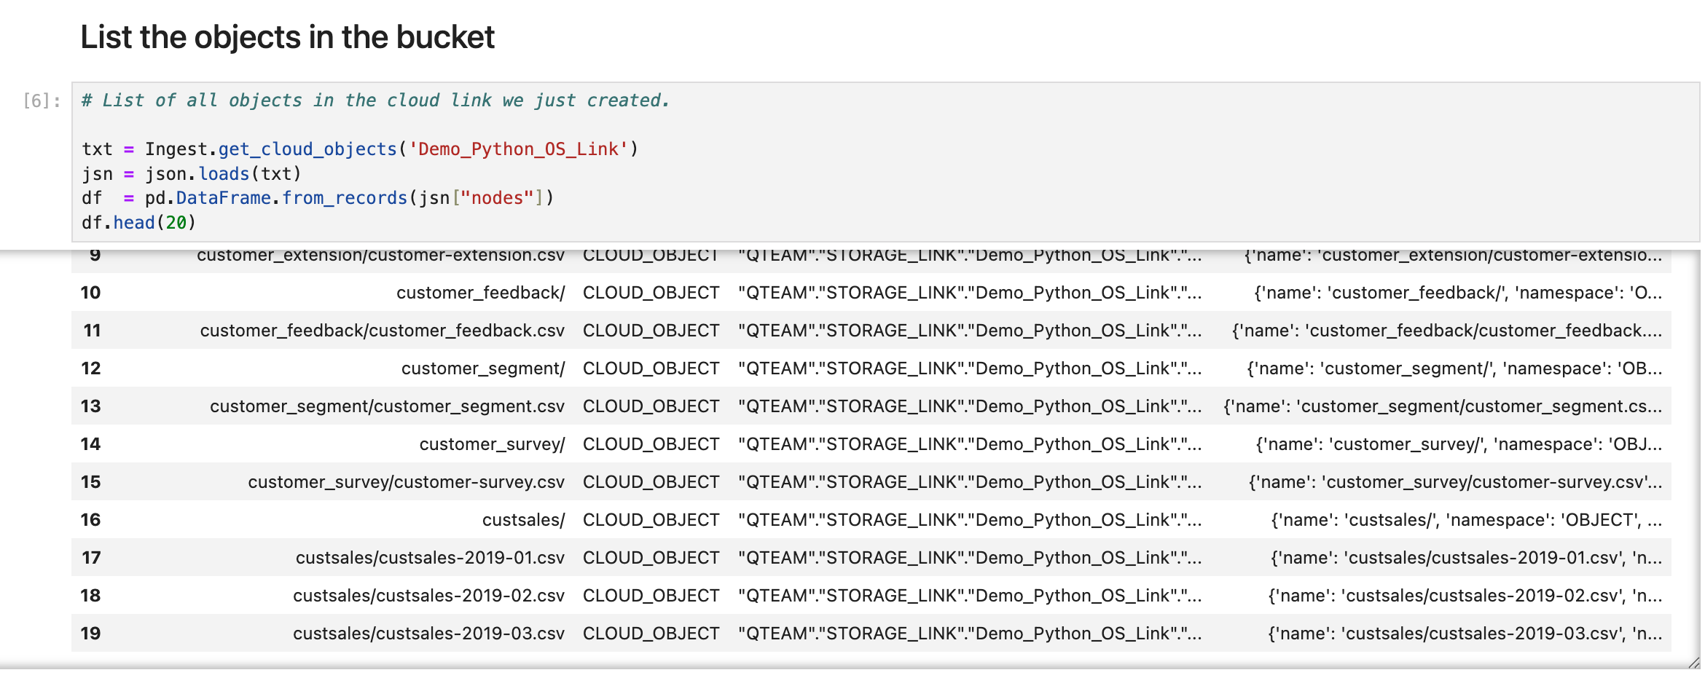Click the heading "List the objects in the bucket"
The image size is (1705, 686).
pos(287,37)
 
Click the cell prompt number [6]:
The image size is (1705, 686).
pos(42,100)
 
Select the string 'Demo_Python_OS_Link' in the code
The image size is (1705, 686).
pos(518,149)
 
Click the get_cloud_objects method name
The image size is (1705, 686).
pos(307,149)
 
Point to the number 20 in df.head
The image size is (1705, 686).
pos(176,223)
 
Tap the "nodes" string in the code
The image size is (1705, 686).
pos(497,198)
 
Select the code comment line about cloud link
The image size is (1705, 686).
pos(375,100)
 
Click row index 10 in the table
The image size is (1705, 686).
pos(90,293)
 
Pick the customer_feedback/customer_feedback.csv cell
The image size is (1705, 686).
pos(382,331)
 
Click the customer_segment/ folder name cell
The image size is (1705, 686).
pos(482,368)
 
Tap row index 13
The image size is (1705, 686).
pos(90,406)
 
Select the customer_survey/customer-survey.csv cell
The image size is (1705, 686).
pos(406,482)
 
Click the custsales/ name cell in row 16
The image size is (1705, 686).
pos(523,520)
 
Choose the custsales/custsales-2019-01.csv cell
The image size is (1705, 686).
pos(430,558)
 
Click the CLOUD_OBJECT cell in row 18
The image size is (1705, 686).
pos(651,596)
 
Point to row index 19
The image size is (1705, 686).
pos(90,634)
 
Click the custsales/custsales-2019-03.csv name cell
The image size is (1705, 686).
pos(428,634)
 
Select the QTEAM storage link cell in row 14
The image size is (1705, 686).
pos(969,444)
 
